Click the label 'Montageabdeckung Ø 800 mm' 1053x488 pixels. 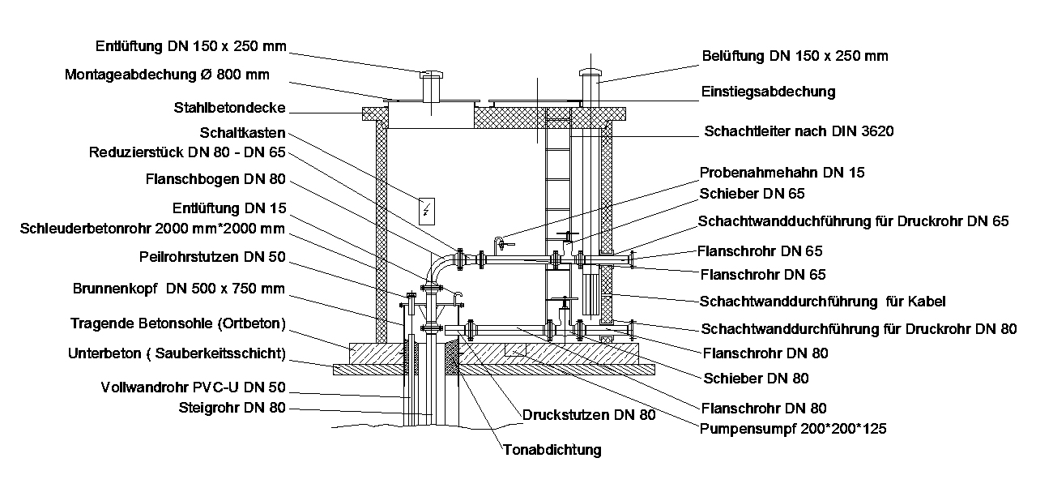pyautogui.click(x=167, y=75)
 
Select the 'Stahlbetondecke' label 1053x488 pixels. pyautogui.click(x=230, y=108)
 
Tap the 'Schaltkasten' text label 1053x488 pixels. pyautogui.click(x=241, y=132)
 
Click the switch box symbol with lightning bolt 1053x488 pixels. pyautogui.click(x=427, y=211)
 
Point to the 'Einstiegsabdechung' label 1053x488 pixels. pyautogui.click(x=767, y=92)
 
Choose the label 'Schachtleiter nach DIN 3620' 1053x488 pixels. pyautogui.click(x=799, y=131)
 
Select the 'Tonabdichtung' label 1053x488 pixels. pyautogui.click(x=552, y=450)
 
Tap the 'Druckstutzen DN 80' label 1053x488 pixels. pyautogui.click(x=589, y=414)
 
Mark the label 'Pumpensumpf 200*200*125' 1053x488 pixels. pyautogui.click(x=793, y=429)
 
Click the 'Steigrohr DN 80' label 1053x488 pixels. pyautogui.click(x=232, y=408)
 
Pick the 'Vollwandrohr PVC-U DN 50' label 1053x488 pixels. pyautogui.click(x=193, y=387)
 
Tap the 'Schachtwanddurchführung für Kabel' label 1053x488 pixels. pyautogui.click(x=822, y=302)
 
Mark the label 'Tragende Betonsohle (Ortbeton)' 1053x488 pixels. pyautogui.click(x=178, y=324)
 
